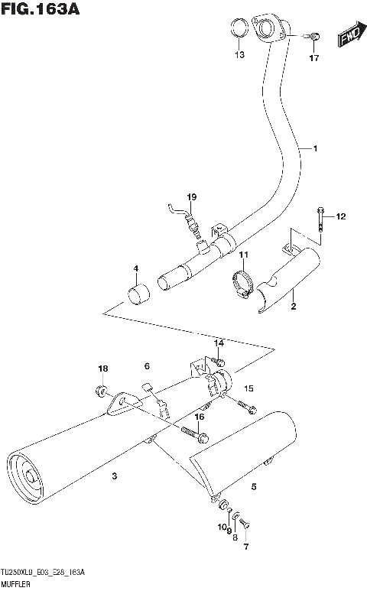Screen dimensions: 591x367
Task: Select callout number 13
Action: [x=239, y=55]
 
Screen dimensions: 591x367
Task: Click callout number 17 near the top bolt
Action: [x=313, y=58]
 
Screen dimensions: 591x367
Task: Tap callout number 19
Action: [x=191, y=196]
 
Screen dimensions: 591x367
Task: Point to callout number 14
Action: [x=219, y=343]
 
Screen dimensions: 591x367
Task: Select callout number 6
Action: [x=148, y=368]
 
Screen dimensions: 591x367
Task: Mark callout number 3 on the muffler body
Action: [x=113, y=476]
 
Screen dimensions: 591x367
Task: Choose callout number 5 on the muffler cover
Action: [x=254, y=485]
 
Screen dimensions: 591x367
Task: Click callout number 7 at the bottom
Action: [x=246, y=547]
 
